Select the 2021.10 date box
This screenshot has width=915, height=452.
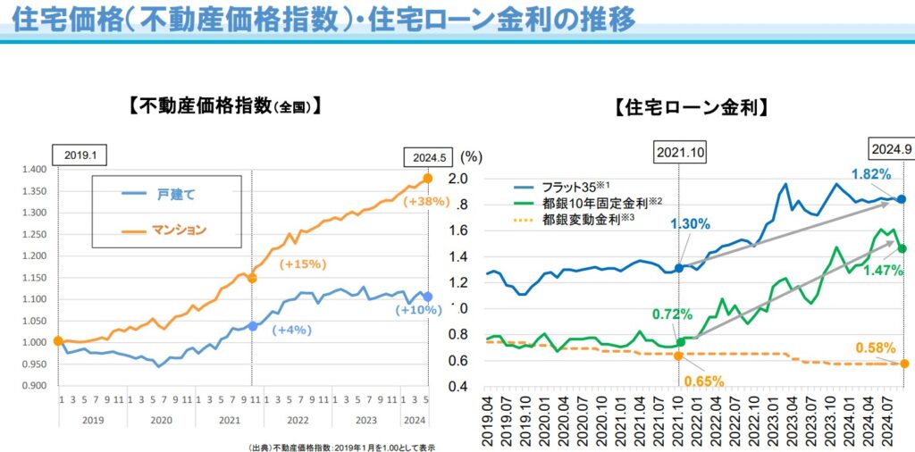coord(680,153)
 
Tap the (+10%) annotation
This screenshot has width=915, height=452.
coord(417,310)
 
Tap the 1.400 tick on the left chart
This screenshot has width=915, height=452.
coord(34,170)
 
